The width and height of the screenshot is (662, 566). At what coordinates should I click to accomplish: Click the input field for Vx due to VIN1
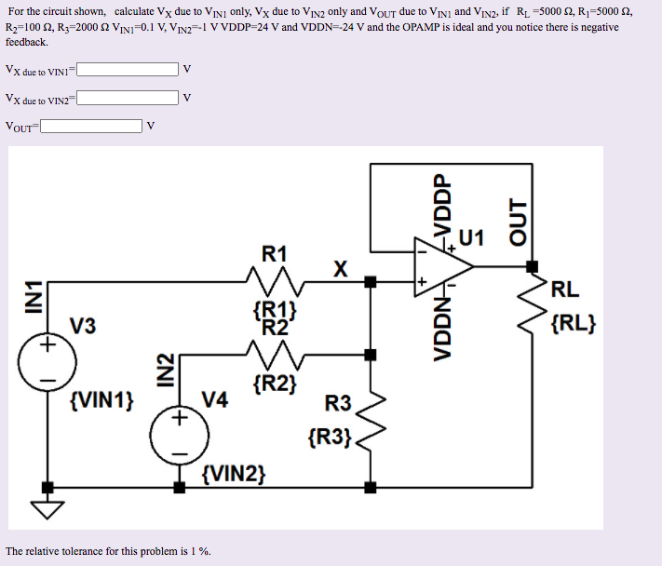tap(128, 70)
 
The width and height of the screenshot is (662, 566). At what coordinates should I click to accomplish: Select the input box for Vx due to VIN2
tap(128, 98)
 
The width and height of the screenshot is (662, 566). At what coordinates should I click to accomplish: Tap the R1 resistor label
tap(275, 253)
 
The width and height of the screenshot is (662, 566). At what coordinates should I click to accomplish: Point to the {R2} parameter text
tap(275, 384)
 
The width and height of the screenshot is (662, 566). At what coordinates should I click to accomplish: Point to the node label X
tap(341, 269)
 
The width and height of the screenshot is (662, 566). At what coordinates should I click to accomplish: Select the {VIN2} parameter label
tap(234, 475)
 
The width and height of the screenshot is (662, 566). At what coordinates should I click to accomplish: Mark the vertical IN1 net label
tap(34, 300)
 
